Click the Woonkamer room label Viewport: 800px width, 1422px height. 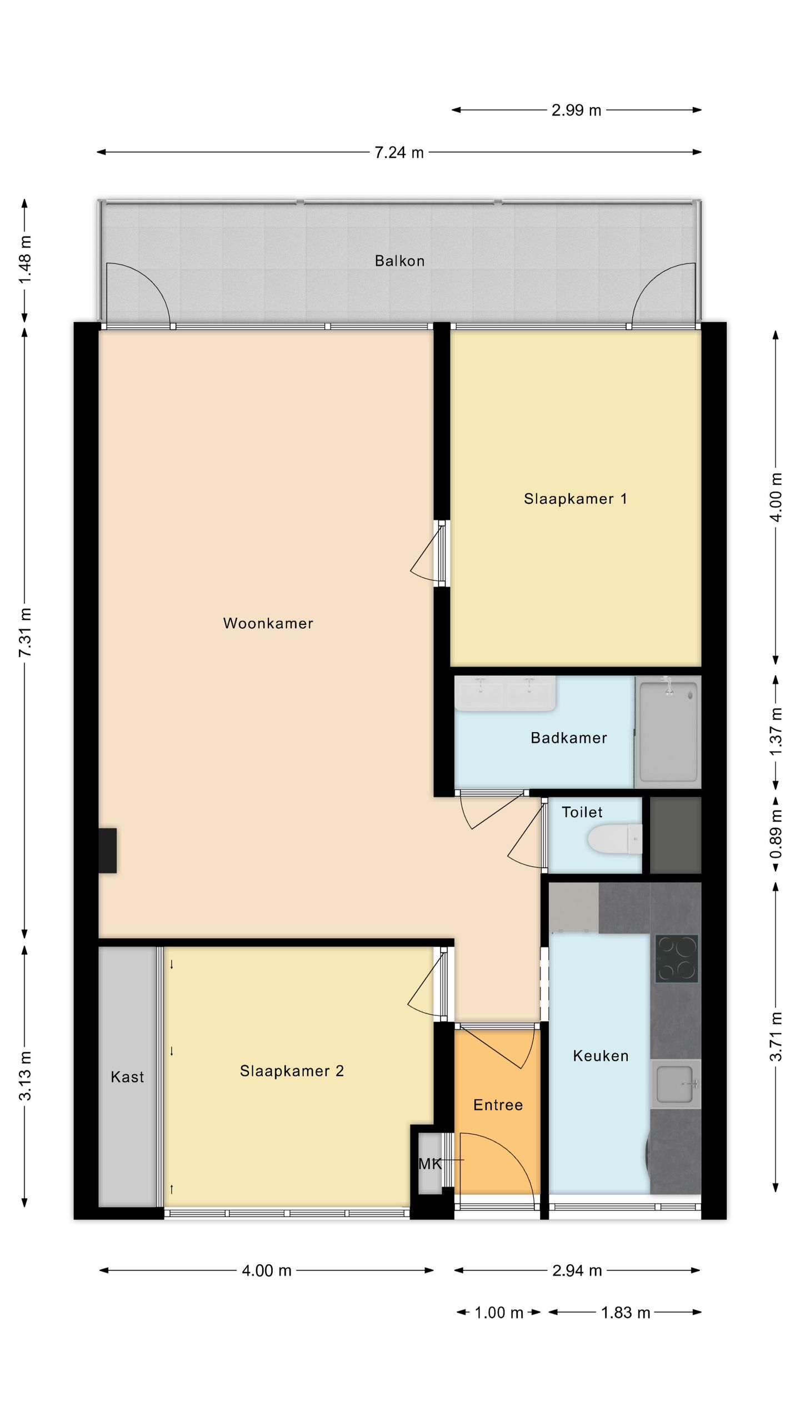[x=268, y=623]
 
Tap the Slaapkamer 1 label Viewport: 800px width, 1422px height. [x=575, y=499]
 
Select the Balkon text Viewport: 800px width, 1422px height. [x=399, y=261]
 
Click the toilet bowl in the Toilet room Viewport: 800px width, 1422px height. [x=613, y=839]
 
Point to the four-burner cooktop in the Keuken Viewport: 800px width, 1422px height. [x=676, y=959]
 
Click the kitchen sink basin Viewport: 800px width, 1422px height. [x=674, y=1084]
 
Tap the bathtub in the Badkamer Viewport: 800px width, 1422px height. [x=668, y=732]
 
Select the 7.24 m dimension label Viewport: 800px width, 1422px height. [x=399, y=152]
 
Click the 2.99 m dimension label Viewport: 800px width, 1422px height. [x=576, y=110]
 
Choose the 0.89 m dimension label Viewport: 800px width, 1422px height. [x=776, y=834]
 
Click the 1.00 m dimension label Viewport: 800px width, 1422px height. [x=499, y=1313]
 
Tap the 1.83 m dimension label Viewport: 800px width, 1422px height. [x=625, y=1313]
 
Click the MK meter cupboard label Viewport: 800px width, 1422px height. [x=430, y=1164]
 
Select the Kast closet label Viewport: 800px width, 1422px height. [x=127, y=1077]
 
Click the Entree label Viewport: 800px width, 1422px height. [x=498, y=1105]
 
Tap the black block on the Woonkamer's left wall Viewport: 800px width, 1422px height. [x=108, y=851]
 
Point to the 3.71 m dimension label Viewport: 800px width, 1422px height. [x=776, y=1037]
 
